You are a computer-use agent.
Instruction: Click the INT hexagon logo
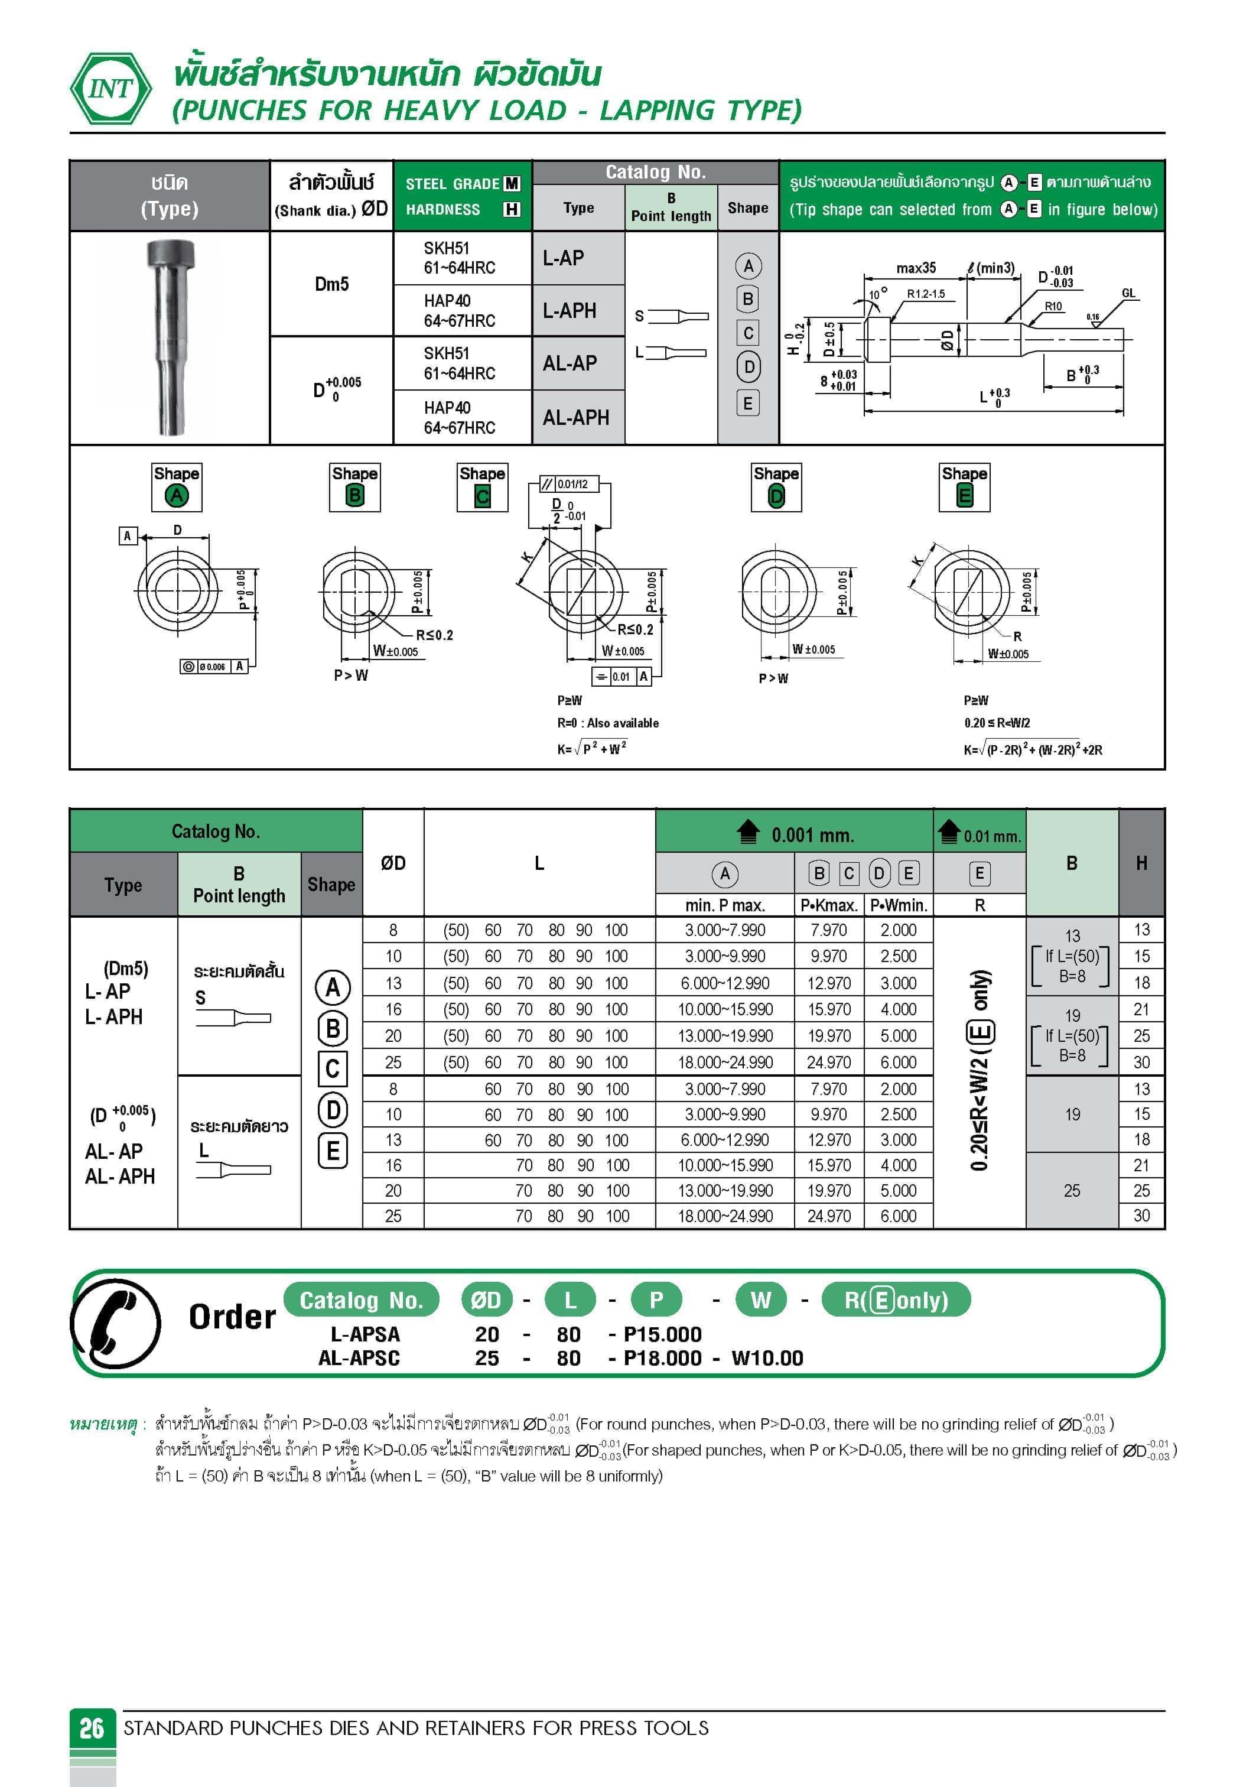[x=110, y=88]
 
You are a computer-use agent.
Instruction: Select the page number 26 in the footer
[x=92, y=1728]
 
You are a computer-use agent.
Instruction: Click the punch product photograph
[x=169, y=337]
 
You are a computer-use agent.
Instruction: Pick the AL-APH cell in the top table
[x=576, y=418]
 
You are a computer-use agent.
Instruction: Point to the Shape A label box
[x=177, y=487]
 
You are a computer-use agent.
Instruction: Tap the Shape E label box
[x=964, y=487]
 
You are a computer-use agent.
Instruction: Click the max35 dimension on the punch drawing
[x=916, y=268]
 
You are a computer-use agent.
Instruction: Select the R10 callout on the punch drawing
[x=1053, y=307]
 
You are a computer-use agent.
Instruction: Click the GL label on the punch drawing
[x=1128, y=294]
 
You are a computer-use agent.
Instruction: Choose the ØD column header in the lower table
[x=393, y=862]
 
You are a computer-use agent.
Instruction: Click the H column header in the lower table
[x=1141, y=862]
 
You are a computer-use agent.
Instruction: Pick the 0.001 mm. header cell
[x=795, y=834]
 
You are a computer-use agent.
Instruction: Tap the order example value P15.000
[x=662, y=1334]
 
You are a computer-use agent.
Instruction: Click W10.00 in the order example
[x=767, y=1358]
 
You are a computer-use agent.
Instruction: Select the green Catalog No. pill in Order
[x=361, y=1300]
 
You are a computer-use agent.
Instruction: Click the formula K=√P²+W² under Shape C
[x=592, y=748]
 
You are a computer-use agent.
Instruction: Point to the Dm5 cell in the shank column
[x=331, y=284]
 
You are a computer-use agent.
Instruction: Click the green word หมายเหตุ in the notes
[x=103, y=1424]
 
